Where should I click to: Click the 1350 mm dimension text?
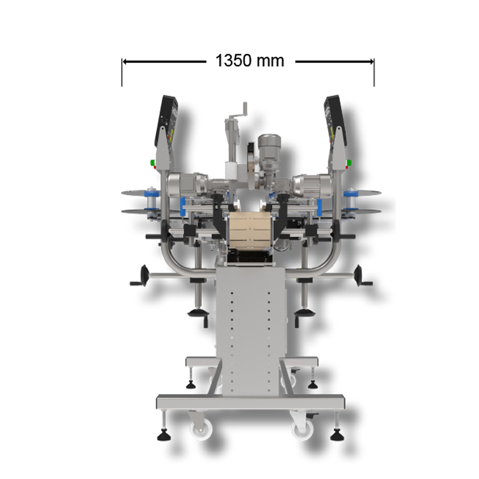coord(250,61)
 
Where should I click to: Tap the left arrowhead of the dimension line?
coord(125,62)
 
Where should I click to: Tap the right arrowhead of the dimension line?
coord(371,62)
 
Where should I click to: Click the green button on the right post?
coord(349,162)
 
